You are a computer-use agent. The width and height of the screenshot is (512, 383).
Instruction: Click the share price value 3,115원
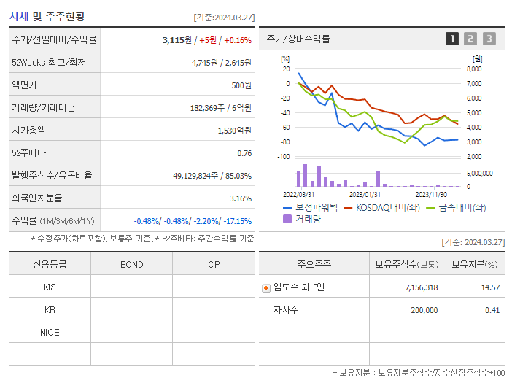[178, 40]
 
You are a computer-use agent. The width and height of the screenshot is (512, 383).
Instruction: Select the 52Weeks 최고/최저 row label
[49, 63]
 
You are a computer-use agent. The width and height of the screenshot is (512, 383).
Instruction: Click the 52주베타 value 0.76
[244, 153]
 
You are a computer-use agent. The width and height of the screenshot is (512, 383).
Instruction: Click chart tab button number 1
[452, 39]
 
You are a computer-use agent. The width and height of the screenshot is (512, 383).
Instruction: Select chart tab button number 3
[489, 39]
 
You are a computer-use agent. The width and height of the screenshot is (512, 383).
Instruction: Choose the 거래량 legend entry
[307, 218]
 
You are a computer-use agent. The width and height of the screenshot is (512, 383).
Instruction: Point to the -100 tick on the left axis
[284, 157]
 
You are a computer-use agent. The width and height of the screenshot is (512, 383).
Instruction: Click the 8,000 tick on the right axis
[473, 69]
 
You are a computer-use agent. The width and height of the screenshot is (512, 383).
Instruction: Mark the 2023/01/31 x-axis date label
[365, 194]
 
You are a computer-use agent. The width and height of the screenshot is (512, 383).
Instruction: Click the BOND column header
[132, 265]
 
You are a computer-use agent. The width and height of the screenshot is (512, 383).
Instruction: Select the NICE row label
[50, 332]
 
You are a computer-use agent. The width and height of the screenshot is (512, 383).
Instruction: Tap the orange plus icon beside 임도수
[266, 287]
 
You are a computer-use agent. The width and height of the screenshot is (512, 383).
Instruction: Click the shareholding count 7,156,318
[421, 287]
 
